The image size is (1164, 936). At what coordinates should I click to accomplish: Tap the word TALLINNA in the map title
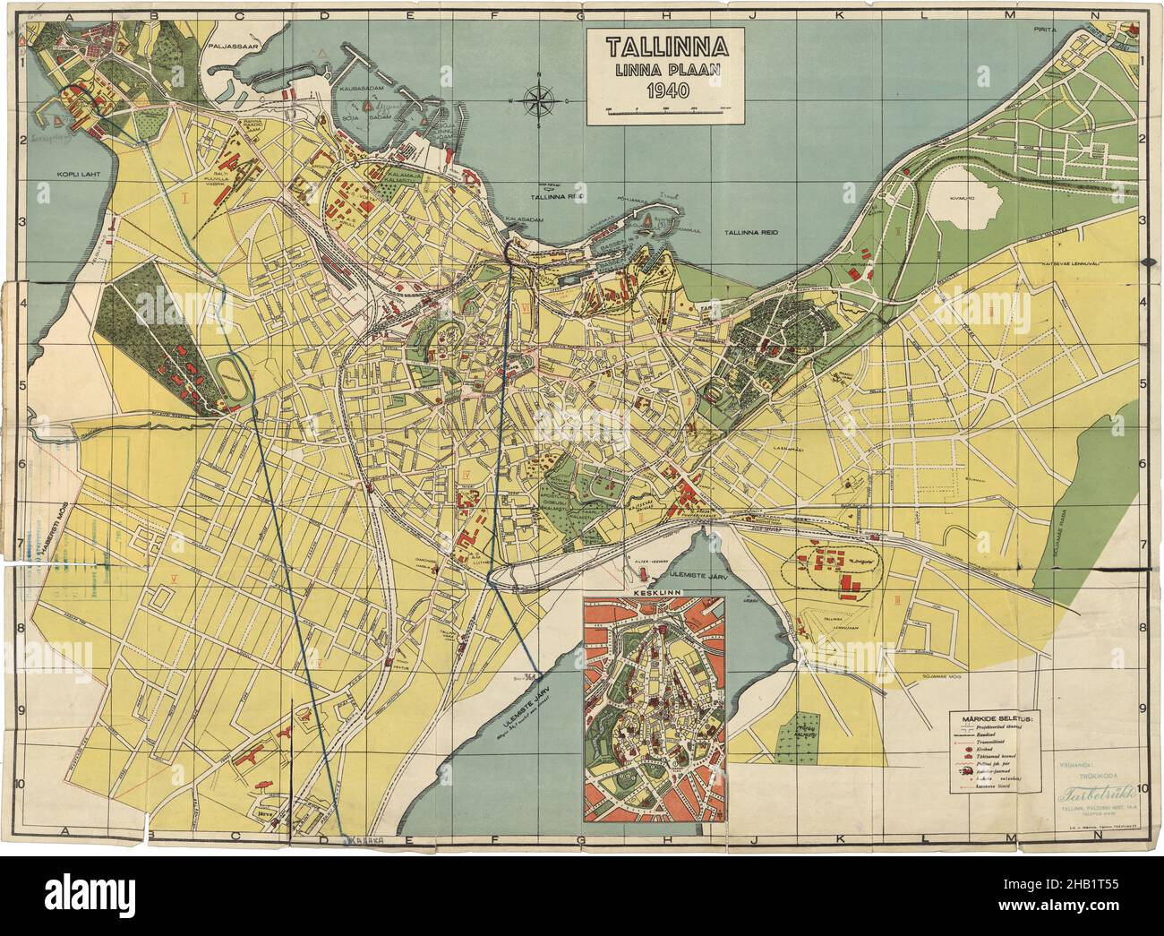[x=663, y=47]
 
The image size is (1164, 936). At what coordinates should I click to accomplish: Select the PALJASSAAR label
[x=234, y=44]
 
